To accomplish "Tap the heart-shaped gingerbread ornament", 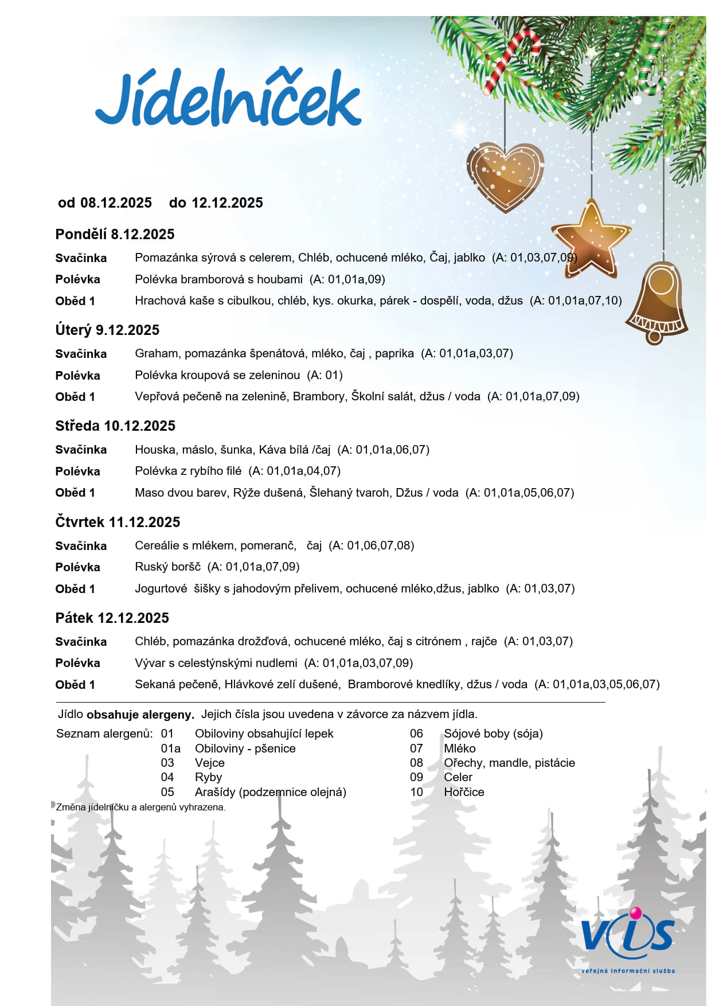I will (505, 175).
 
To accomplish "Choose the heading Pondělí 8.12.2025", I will (115, 234).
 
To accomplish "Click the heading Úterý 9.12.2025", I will (107, 330).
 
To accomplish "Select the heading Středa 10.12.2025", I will (115, 426).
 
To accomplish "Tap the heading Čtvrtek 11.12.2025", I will (118, 522).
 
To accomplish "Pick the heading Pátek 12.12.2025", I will (112, 618).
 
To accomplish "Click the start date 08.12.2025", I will (116, 202).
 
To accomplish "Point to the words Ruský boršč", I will (167, 567).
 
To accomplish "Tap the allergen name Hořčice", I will (463, 792).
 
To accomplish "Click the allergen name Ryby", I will (208, 777).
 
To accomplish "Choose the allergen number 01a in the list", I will (170, 748).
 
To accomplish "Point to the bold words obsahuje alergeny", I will (140, 715).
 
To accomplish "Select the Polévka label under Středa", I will (77, 471).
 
